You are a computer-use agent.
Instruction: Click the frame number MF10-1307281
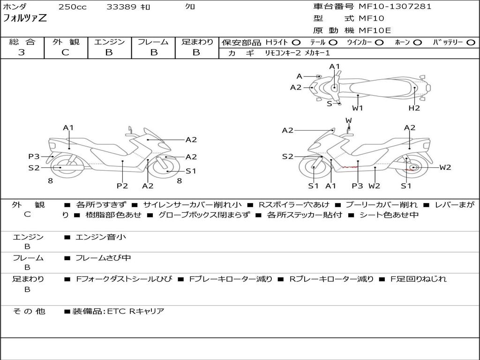[x=395, y=7]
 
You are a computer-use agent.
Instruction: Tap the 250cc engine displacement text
[x=72, y=7]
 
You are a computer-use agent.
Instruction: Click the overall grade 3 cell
[x=22, y=52]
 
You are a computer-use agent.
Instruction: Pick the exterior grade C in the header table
[x=65, y=52]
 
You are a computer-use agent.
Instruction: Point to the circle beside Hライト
[x=296, y=43]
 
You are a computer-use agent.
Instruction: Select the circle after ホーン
[x=418, y=43]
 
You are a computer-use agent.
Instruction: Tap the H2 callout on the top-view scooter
[x=414, y=108]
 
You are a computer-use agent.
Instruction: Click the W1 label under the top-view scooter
[x=358, y=108]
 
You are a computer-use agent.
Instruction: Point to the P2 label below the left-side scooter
[x=122, y=186]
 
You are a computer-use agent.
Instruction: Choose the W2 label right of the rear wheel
[x=445, y=167]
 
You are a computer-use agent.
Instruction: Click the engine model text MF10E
[x=375, y=30]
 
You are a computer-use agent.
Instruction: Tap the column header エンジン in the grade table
[x=109, y=42]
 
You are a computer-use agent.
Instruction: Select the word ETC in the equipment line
[x=117, y=311]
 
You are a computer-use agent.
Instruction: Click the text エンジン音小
[x=101, y=237]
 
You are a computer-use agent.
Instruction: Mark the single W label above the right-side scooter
[x=349, y=120]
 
